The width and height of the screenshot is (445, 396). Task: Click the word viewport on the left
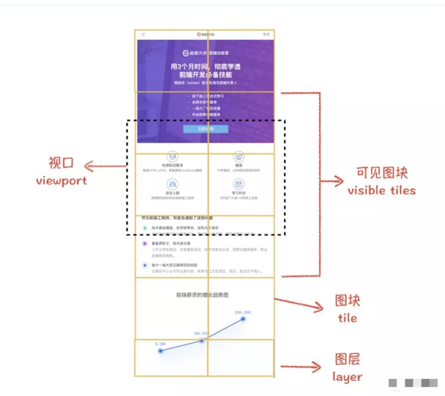(61, 180)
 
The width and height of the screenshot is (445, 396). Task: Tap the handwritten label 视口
(61, 163)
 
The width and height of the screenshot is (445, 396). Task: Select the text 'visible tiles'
(382, 190)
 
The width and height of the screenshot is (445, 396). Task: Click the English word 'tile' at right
(347, 318)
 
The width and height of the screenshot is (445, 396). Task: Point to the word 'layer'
(347, 377)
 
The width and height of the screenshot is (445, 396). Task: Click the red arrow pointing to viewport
(104, 166)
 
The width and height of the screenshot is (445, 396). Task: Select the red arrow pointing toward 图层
(300, 367)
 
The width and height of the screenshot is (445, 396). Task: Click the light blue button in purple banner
(205, 129)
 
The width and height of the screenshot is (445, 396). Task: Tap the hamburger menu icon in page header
(143, 35)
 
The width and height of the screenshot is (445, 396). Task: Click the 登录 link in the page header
(266, 35)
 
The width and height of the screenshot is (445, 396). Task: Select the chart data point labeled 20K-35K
(243, 319)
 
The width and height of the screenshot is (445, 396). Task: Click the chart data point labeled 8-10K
(160, 351)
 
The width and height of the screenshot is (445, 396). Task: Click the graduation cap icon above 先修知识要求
(172, 156)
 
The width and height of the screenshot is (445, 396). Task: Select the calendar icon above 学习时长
(239, 184)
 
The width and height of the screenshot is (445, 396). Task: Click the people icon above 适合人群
(172, 184)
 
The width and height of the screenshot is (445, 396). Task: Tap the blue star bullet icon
(145, 265)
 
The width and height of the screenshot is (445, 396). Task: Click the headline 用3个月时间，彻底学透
(205, 67)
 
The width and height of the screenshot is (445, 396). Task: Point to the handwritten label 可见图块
(382, 173)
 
